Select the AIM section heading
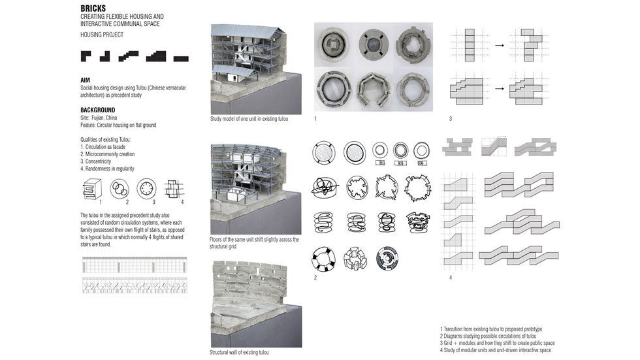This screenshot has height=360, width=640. point(84,80)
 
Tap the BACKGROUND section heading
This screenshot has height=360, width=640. point(97,110)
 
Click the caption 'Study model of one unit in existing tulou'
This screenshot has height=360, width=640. point(249,120)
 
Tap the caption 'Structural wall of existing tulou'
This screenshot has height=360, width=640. point(239,352)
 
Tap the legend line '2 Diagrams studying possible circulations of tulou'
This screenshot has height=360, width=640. point(496,336)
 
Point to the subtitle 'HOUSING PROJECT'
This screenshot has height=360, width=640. point(102,34)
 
